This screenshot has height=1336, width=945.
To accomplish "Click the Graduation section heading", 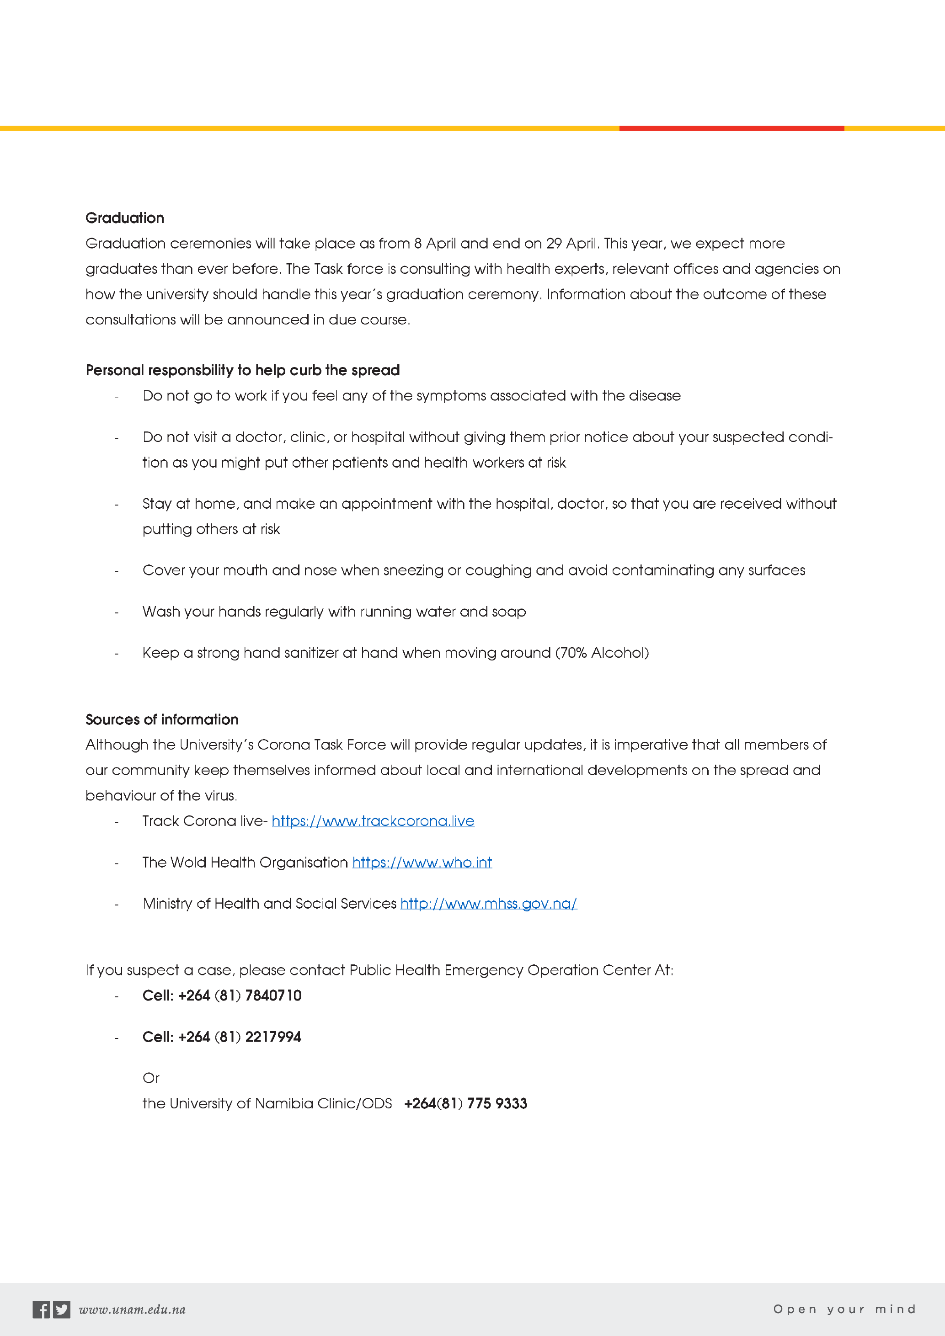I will click(x=124, y=218).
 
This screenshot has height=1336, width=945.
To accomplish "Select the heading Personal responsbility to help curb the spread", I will click(x=243, y=371).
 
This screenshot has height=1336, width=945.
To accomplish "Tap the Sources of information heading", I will click(x=162, y=720).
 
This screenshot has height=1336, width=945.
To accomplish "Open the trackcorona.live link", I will click(x=373, y=821).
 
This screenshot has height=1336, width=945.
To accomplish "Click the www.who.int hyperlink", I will click(x=422, y=862).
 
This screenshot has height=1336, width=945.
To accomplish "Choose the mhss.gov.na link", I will click(x=488, y=904).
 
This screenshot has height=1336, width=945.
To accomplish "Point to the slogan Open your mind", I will click(x=844, y=1309).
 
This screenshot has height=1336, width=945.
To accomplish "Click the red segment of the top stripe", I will click(x=731, y=128).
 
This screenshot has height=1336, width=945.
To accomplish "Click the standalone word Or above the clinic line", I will click(x=151, y=1078).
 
